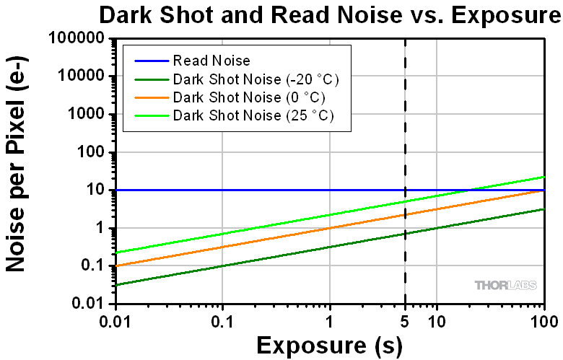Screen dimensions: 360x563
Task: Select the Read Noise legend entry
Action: (211, 61)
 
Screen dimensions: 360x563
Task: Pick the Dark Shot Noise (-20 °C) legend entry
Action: (256, 79)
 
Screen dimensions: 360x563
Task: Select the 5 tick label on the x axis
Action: (405, 318)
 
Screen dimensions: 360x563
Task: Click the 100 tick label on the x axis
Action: (543, 318)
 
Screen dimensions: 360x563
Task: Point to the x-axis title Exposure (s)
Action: (329, 345)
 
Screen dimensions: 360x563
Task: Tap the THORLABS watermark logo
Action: (505, 285)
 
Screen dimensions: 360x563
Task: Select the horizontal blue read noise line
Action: (253, 190)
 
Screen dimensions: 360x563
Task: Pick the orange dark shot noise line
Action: (289, 237)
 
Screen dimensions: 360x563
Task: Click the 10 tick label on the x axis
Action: (436, 318)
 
